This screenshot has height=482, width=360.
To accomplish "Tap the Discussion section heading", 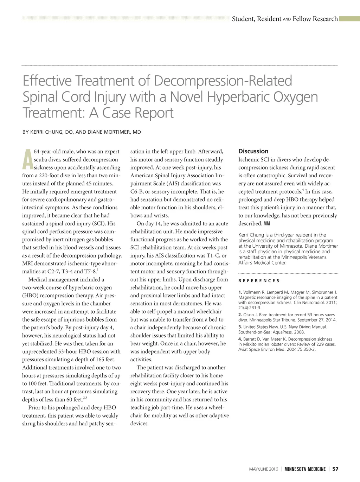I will [253, 151].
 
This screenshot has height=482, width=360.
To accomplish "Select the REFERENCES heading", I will [259, 281].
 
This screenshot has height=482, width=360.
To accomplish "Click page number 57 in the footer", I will [335, 469].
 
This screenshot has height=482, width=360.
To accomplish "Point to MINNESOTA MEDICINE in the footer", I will [305, 469].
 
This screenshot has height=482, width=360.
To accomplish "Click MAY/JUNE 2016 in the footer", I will [263, 469].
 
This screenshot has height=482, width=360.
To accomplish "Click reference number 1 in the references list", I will [240, 292].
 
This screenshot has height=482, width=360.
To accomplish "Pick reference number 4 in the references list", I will [240, 339].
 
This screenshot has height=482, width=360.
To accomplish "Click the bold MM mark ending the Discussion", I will [267, 224].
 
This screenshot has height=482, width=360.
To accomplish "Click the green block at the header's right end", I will [349, 19].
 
